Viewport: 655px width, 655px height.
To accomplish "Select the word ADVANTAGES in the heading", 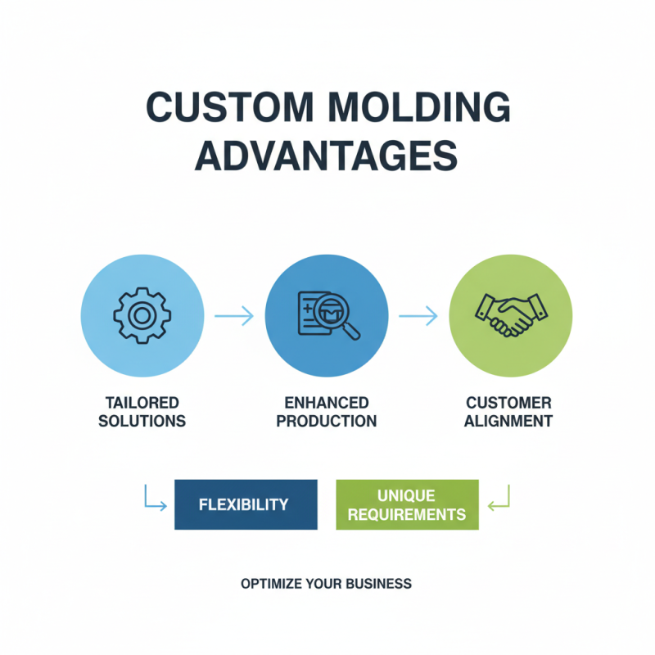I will (x=327, y=156).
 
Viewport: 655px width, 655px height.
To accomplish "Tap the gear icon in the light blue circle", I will (x=142, y=315).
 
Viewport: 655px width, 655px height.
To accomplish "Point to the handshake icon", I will (x=511, y=315).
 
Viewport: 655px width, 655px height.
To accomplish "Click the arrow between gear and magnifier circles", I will (x=234, y=316).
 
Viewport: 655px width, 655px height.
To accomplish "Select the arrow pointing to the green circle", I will (x=418, y=316).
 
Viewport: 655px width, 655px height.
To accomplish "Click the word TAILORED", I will (x=142, y=403).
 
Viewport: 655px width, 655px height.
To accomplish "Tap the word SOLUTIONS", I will (x=142, y=422).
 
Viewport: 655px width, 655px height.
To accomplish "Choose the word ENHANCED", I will (x=327, y=403).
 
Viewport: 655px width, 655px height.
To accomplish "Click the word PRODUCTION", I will (x=327, y=422).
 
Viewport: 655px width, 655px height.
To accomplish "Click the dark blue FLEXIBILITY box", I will (x=246, y=504).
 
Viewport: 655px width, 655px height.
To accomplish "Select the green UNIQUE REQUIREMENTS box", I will (x=407, y=504).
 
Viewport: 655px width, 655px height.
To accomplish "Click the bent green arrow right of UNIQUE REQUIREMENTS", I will (x=499, y=499).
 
